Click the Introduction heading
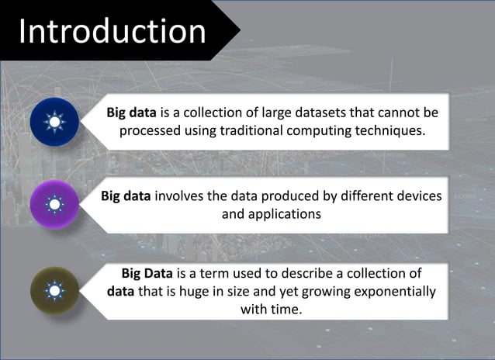[112, 31]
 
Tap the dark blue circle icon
[54, 123]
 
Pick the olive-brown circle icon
[54, 290]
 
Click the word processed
[150, 130]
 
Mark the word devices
[418, 196]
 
